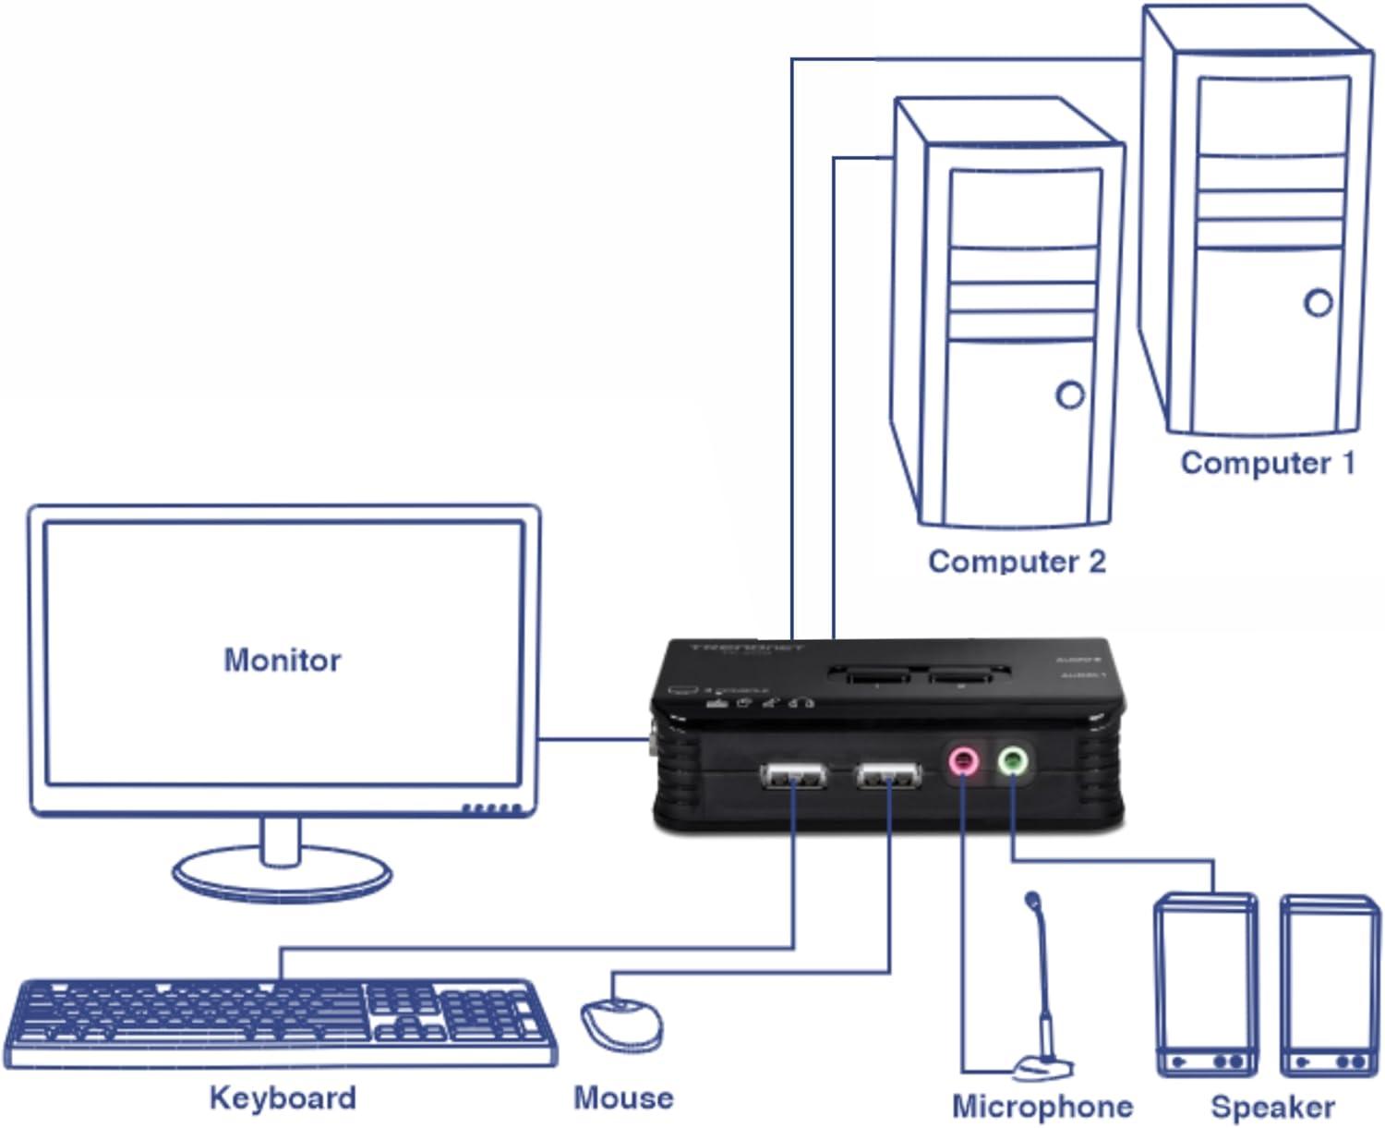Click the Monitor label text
[x=283, y=660]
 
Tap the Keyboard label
[x=283, y=1098]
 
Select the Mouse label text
[x=623, y=1098]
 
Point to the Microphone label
[x=1042, y=1106]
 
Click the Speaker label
[x=1272, y=1106]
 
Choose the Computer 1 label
[x=1267, y=463]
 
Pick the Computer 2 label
[x=1017, y=561]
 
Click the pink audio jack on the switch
[x=963, y=761]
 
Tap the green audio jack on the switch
[x=1013, y=761]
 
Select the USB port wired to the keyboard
[x=793, y=776]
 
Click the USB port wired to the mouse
[x=888, y=776]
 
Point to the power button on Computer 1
[x=1319, y=302]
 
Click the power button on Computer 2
[x=1070, y=395]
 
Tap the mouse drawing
[x=620, y=1024]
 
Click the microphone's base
[x=1043, y=1069]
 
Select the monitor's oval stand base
[x=282, y=874]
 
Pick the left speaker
[x=1206, y=984]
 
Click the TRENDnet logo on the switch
[x=747, y=648]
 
